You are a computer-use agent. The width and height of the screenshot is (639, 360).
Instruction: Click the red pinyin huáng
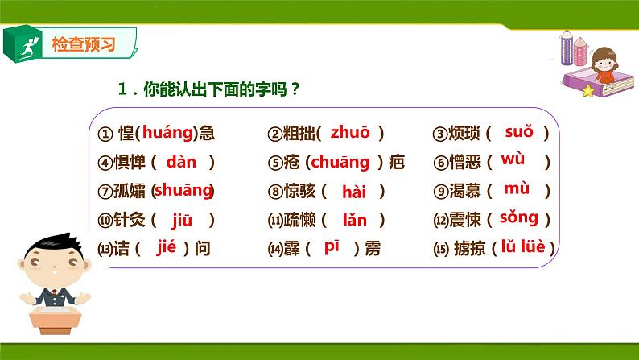point(169,134)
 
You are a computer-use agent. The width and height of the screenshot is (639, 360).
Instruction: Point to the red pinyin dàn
point(182,162)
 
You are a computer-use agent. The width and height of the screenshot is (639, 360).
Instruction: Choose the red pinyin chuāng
point(340,162)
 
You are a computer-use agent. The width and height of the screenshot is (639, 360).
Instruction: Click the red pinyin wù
point(513,159)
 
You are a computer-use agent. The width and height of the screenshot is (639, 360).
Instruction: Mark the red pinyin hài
point(354,192)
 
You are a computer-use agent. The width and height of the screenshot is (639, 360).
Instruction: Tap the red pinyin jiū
point(183,219)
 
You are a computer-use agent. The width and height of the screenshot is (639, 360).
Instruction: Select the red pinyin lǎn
point(354,219)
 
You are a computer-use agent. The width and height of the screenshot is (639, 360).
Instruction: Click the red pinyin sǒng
point(518,217)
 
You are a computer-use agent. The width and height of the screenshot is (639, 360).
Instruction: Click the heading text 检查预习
point(83,44)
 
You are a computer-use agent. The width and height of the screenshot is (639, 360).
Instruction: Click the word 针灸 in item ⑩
point(128,220)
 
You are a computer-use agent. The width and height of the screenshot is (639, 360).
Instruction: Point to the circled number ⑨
point(439,192)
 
